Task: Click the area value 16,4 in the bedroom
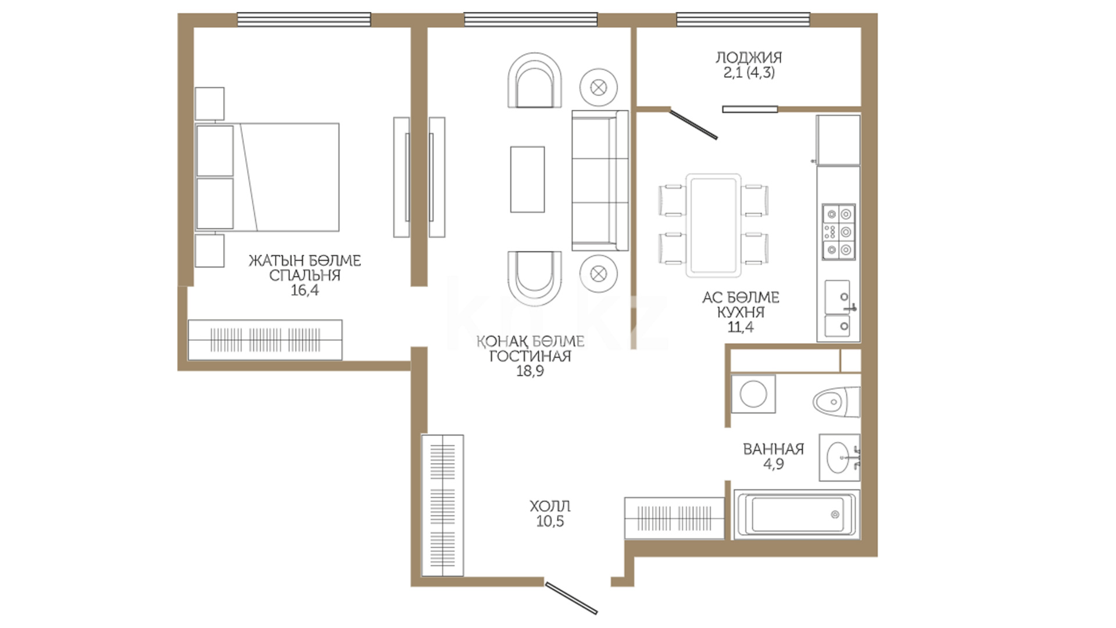point(305,290)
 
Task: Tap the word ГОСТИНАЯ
point(530,356)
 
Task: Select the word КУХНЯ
point(741,312)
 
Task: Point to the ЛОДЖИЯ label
point(749,58)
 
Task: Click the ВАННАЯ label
point(774,449)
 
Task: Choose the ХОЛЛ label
point(550,506)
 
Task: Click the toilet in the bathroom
point(836,402)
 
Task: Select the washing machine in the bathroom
point(753,394)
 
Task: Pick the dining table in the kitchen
point(714,225)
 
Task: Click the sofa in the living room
point(600,180)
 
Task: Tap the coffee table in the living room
point(527,179)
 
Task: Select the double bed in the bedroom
point(267,177)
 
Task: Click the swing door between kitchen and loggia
point(693,124)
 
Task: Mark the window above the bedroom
point(304,20)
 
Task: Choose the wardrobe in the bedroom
point(265,340)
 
